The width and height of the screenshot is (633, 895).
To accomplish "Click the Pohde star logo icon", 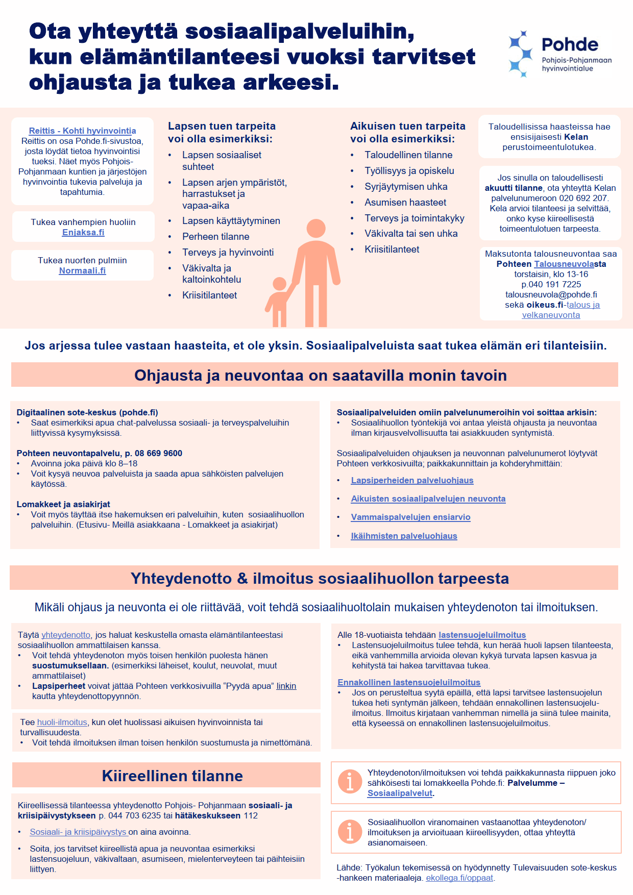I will (x=521, y=54).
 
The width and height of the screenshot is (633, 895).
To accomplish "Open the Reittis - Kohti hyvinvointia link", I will (x=82, y=131).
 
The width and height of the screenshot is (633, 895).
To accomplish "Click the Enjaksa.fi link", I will (x=83, y=232).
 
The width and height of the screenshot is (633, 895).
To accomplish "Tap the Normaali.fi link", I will (x=82, y=270).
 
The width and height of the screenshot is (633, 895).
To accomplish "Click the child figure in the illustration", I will (x=279, y=301).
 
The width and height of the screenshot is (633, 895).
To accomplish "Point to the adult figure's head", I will (x=316, y=229).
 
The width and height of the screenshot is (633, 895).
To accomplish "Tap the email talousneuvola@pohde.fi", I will (x=551, y=294).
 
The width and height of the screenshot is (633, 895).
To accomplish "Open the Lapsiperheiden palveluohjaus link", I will (x=412, y=480).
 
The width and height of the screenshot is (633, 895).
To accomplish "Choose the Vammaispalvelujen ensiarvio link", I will (x=410, y=517).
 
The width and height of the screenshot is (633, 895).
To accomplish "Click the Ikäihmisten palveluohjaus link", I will (x=404, y=536).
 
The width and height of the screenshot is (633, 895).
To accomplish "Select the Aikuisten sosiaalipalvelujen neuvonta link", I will (x=428, y=499).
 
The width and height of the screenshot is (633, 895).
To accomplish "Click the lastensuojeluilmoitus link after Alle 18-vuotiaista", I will (x=482, y=635).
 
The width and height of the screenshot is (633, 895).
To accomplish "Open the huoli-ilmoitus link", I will (x=62, y=722).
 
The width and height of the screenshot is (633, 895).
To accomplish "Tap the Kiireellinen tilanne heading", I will (x=172, y=776).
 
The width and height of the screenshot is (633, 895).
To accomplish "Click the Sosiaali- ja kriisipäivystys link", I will (x=78, y=832).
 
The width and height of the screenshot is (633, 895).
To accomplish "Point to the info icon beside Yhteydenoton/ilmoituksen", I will (x=350, y=781).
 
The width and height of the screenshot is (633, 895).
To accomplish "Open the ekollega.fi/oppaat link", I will (x=459, y=878).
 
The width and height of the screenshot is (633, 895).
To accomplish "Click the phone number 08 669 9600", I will (x=158, y=453).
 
